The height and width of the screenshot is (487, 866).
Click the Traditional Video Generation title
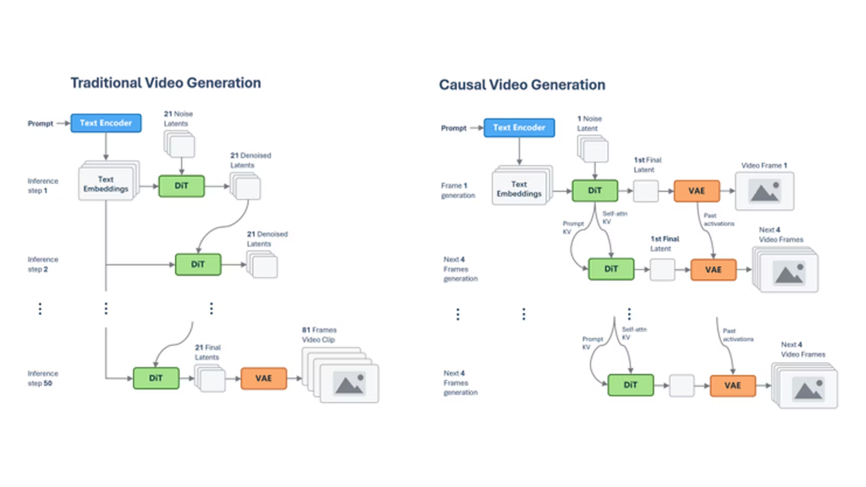[x=165, y=83]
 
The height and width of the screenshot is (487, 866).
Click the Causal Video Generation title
[x=522, y=85]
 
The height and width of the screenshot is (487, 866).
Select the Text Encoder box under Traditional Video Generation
[x=106, y=123]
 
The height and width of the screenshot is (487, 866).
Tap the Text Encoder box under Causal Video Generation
[x=519, y=127]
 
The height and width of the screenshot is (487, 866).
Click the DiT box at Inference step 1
[x=181, y=186]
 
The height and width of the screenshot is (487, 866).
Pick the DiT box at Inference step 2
[x=198, y=264]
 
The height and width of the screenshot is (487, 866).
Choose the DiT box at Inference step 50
[x=156, y=378]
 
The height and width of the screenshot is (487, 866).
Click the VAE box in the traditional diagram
[x=263, y=378]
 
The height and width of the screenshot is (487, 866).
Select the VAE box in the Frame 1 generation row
[x=696, y=191]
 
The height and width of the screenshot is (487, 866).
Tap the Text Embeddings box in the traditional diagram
[x=106, y=184]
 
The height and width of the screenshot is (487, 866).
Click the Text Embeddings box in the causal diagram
[x=519, y=189]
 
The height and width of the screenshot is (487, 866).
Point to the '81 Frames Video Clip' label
[x=319, y=334]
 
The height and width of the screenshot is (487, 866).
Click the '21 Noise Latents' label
[x=178, y=118]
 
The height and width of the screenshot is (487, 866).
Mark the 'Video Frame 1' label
[x=764, y=165]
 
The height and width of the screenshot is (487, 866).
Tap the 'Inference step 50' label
[x=43, y=378]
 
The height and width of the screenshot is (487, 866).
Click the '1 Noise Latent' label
[x=589, y=123]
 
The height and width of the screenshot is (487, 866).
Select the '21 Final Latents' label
[x=208, y=352]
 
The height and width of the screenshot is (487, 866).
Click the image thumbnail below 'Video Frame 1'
[x=764, y=191]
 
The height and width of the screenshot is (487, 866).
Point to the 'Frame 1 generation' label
[x=458, y=190]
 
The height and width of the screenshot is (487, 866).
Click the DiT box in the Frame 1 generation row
[x=595, y=190]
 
